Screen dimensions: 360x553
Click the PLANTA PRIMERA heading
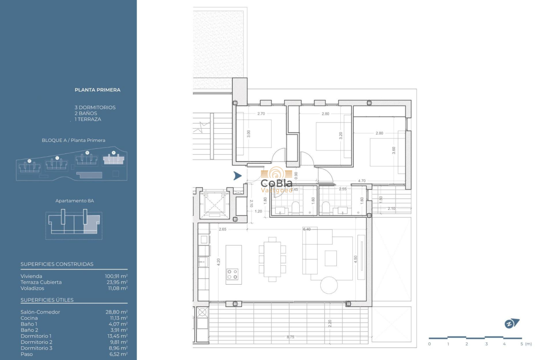click(x=97, y=90)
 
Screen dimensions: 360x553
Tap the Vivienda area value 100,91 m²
click(x=116, y=276)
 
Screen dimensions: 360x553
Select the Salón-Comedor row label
click(x=40, y=312)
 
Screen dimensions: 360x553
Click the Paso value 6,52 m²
click(x=118, y=354)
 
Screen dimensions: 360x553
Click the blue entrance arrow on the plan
click(x=237, y=176)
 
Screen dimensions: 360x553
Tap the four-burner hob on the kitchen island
click(x=232, y=274)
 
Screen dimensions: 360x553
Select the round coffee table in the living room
click(x=330, y=285)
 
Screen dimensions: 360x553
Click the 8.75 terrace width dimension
click(x=291, y=337)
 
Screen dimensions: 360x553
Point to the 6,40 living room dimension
click(x=307, y=229)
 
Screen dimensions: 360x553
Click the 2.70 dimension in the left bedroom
click(x=261, y=114)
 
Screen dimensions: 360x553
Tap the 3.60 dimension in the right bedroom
click(x=394, y=151)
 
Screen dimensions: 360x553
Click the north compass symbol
click(x=511, y=324)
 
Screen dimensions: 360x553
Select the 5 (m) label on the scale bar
click(x=525, y=344)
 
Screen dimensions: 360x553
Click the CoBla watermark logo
click(x=276, y=180)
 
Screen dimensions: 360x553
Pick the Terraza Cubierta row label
click(x=41, y=282)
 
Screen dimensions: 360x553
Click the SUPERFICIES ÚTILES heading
click(x=47, y=300)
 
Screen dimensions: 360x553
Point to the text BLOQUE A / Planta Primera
click(x=73, y=141)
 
